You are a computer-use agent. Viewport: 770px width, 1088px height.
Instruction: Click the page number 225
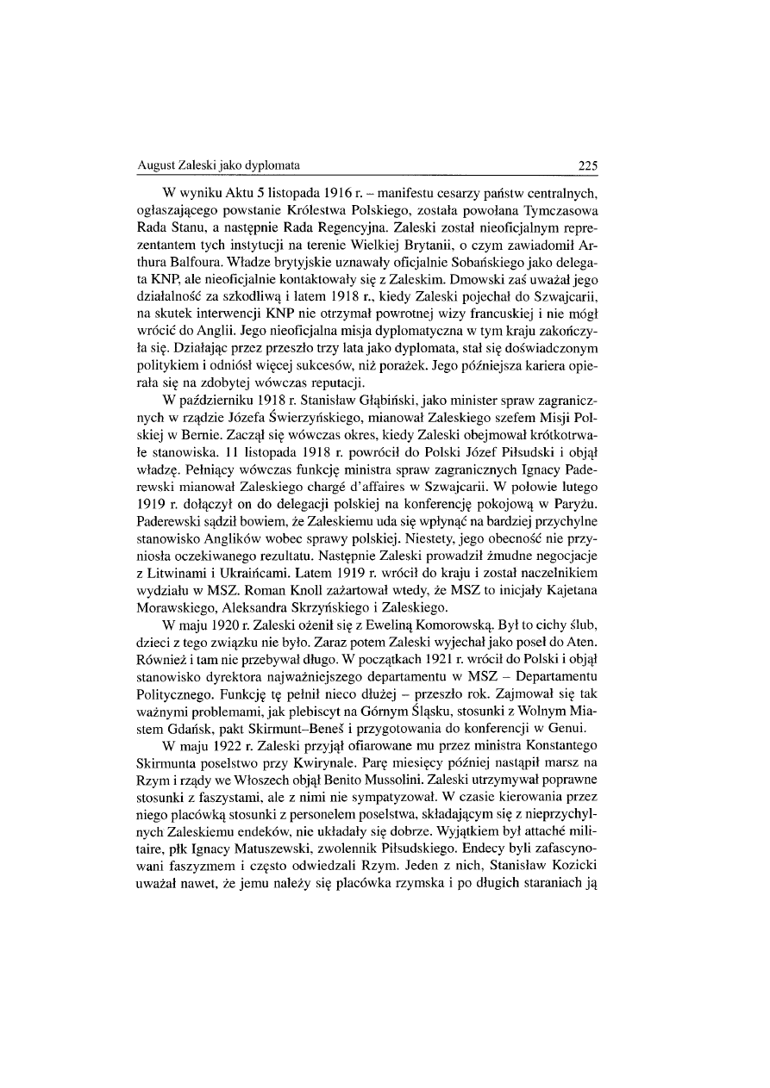[x=586, y=165]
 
